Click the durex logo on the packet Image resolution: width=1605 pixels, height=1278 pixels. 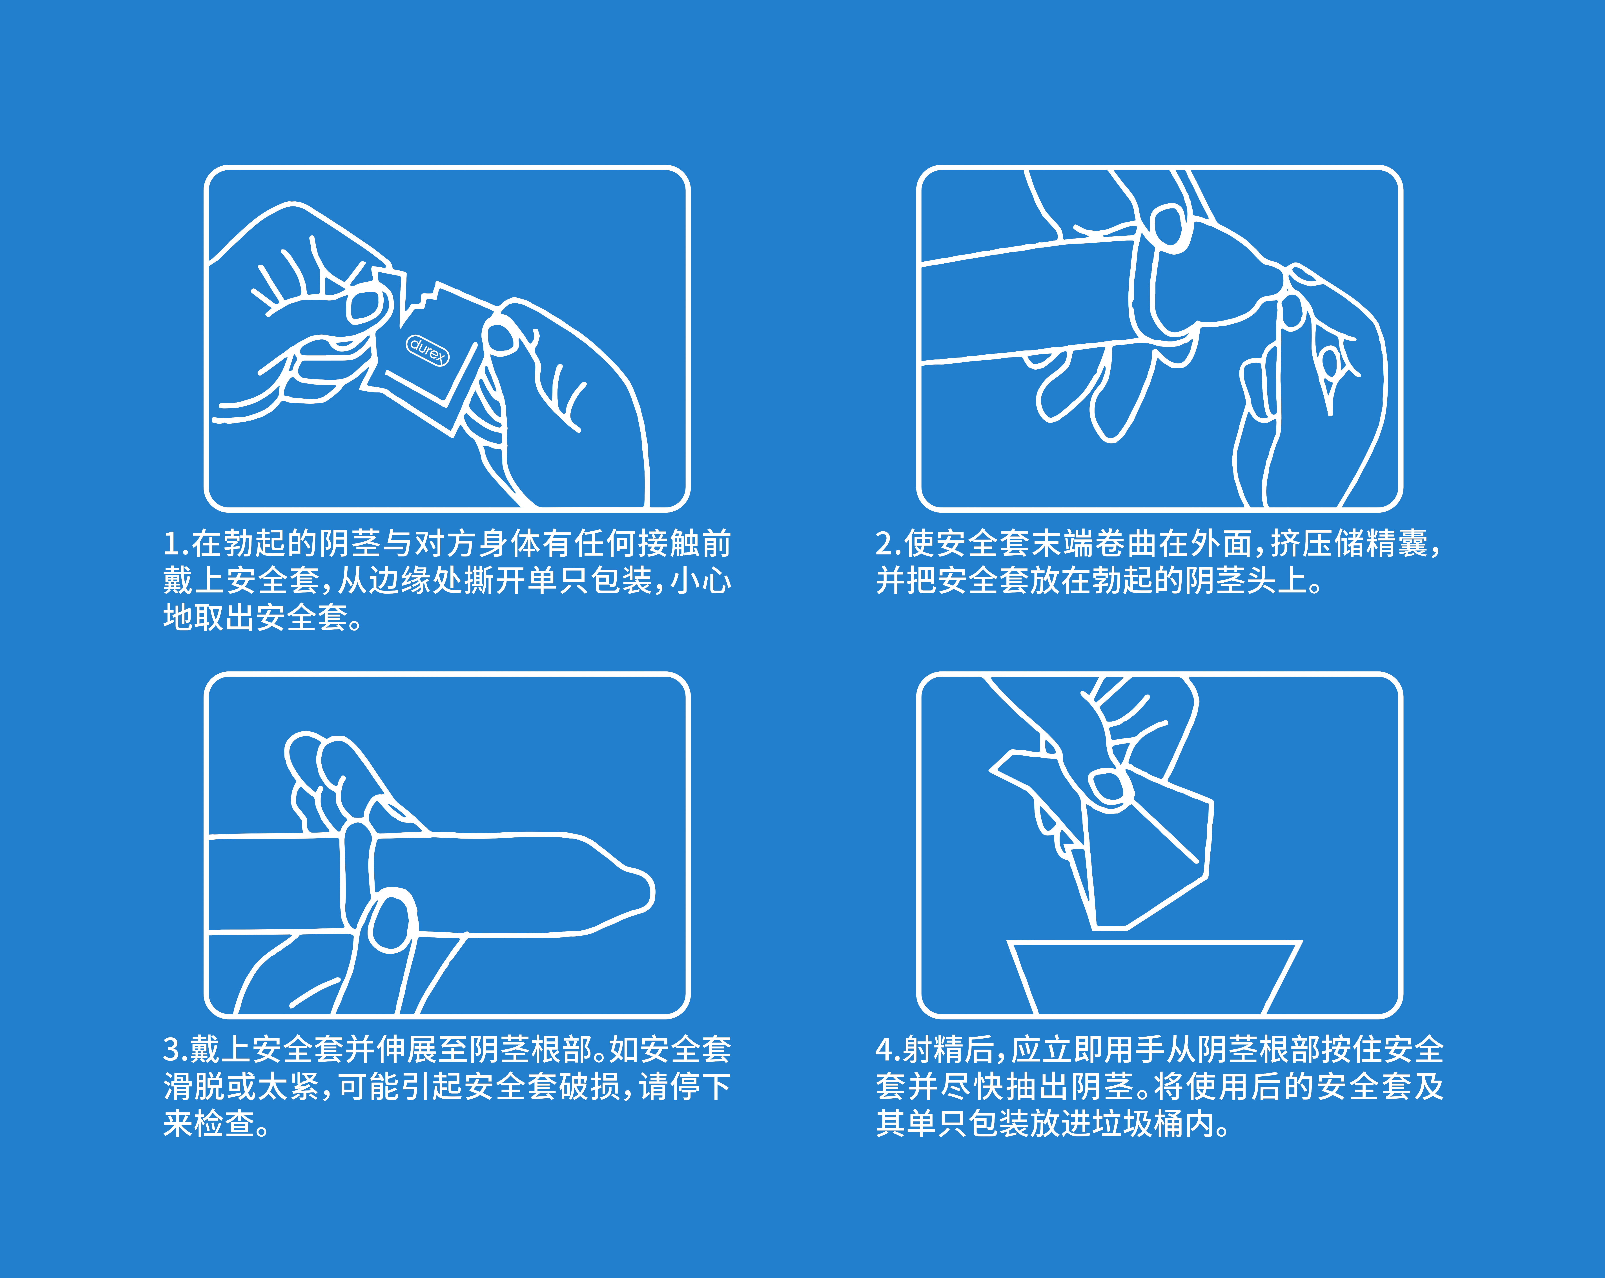pyautogui.click(x=427, y=350)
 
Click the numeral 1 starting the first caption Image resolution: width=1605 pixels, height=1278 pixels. pyautogui.click(x=171, y=544)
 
